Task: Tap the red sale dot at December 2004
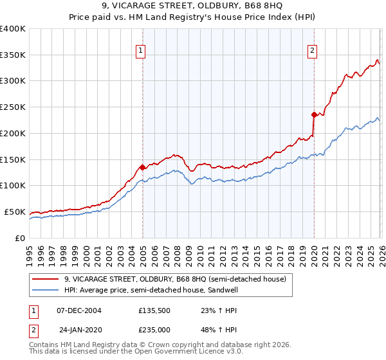click(x=142, y=166)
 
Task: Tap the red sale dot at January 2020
click(x=314, y=115)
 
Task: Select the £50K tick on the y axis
click(x=15, y=212)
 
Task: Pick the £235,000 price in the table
click(x=154, y=329)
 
